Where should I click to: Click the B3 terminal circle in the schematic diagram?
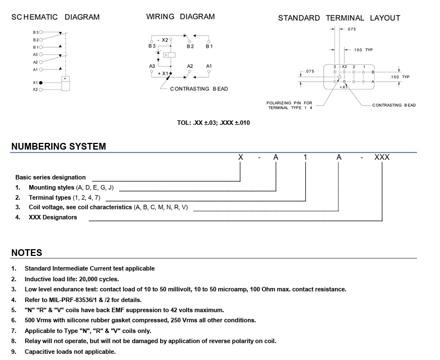tap(42, 33)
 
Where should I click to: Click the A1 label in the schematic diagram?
tap(35, 70)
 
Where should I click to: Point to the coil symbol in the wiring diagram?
tap(167, 55)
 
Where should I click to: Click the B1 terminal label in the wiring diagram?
tap(209, 46)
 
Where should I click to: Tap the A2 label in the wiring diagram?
tap(190, 66)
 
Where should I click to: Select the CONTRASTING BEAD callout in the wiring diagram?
tap(199, 89)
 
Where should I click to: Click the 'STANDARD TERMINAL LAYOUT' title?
tap(339, 18)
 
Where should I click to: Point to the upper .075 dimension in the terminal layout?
tap(352, 29)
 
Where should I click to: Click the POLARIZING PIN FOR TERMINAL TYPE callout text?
tap(289, 105)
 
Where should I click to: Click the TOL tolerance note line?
tap(213, 123)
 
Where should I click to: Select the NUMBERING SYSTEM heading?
tap(58, 147)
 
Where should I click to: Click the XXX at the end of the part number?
tap(382, 157)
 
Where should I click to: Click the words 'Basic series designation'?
tap(51, 177)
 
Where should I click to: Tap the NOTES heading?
tap(26, 253)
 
